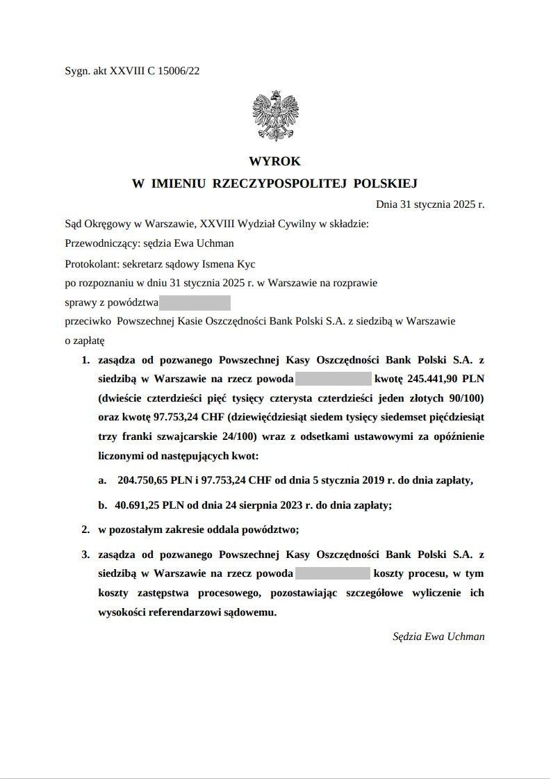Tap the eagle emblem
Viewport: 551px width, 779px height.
click(275, 117)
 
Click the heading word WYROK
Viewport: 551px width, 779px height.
click(274, 161)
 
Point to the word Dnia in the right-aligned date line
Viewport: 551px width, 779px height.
click(387, 205)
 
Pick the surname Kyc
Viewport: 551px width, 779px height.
click(247, 263)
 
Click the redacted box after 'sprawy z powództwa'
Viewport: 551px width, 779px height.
click(195, 302)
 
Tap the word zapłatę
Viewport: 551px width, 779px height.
click(89, 341)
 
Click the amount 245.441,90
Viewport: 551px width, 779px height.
click(429, 379)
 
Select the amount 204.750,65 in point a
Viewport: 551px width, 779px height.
click(146, 480)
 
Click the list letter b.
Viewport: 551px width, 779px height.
click(102, 505)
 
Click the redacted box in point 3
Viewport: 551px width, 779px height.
click(333, 574)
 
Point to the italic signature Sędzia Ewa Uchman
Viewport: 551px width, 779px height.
click(438, 637)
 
